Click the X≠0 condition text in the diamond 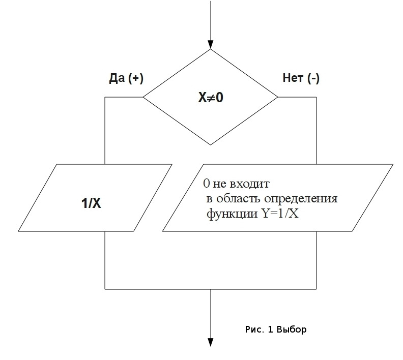coord(211,97)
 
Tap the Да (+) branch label coord(126,78)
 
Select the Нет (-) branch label coord(301,78)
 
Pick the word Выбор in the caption coord(292,329)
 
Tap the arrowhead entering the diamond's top coord(211,45)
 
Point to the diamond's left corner coord(143,97)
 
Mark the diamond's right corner coord(278,97)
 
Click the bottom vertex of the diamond coord(211,144)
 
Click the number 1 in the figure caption coord(271,329)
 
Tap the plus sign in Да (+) coord(135,78)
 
